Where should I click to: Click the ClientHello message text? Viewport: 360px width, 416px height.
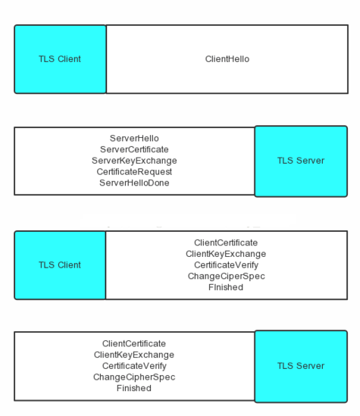click(227, 59)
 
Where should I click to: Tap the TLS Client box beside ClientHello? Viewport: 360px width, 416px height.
click(60, 59)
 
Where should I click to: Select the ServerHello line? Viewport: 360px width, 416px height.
click(134, 138)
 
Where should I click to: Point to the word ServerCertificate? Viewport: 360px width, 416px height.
click(134, 149)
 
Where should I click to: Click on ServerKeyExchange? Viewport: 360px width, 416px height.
click(134, 161)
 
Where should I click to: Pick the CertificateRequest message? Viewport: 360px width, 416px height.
click(134, 172)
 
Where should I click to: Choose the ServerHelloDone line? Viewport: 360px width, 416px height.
click(134, 183)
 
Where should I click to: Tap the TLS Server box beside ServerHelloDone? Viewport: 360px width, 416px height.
click(301, 161)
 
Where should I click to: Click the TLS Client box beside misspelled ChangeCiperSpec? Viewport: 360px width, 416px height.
click(60, 265)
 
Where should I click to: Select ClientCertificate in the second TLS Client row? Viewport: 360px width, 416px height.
click(226, 242)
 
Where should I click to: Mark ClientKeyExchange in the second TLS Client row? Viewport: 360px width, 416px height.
click(226, 254)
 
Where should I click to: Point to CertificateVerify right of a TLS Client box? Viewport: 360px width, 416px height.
click(226, 265)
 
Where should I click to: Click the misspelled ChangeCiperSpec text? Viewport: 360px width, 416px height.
click(227, 277)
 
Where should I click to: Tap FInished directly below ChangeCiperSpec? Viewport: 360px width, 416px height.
click(226, 287)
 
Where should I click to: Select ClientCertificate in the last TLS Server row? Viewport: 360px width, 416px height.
click(134, 343)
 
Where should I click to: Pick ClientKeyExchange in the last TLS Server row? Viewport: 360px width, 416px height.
click(134, 355)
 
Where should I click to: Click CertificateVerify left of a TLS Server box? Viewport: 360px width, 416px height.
click(134, 366)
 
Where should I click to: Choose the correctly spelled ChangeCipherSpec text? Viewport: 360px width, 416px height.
click(134, 377)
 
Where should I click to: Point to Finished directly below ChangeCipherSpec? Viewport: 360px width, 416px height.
click(134, 388)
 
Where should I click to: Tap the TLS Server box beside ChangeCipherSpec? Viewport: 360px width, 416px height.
click(301, 367)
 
